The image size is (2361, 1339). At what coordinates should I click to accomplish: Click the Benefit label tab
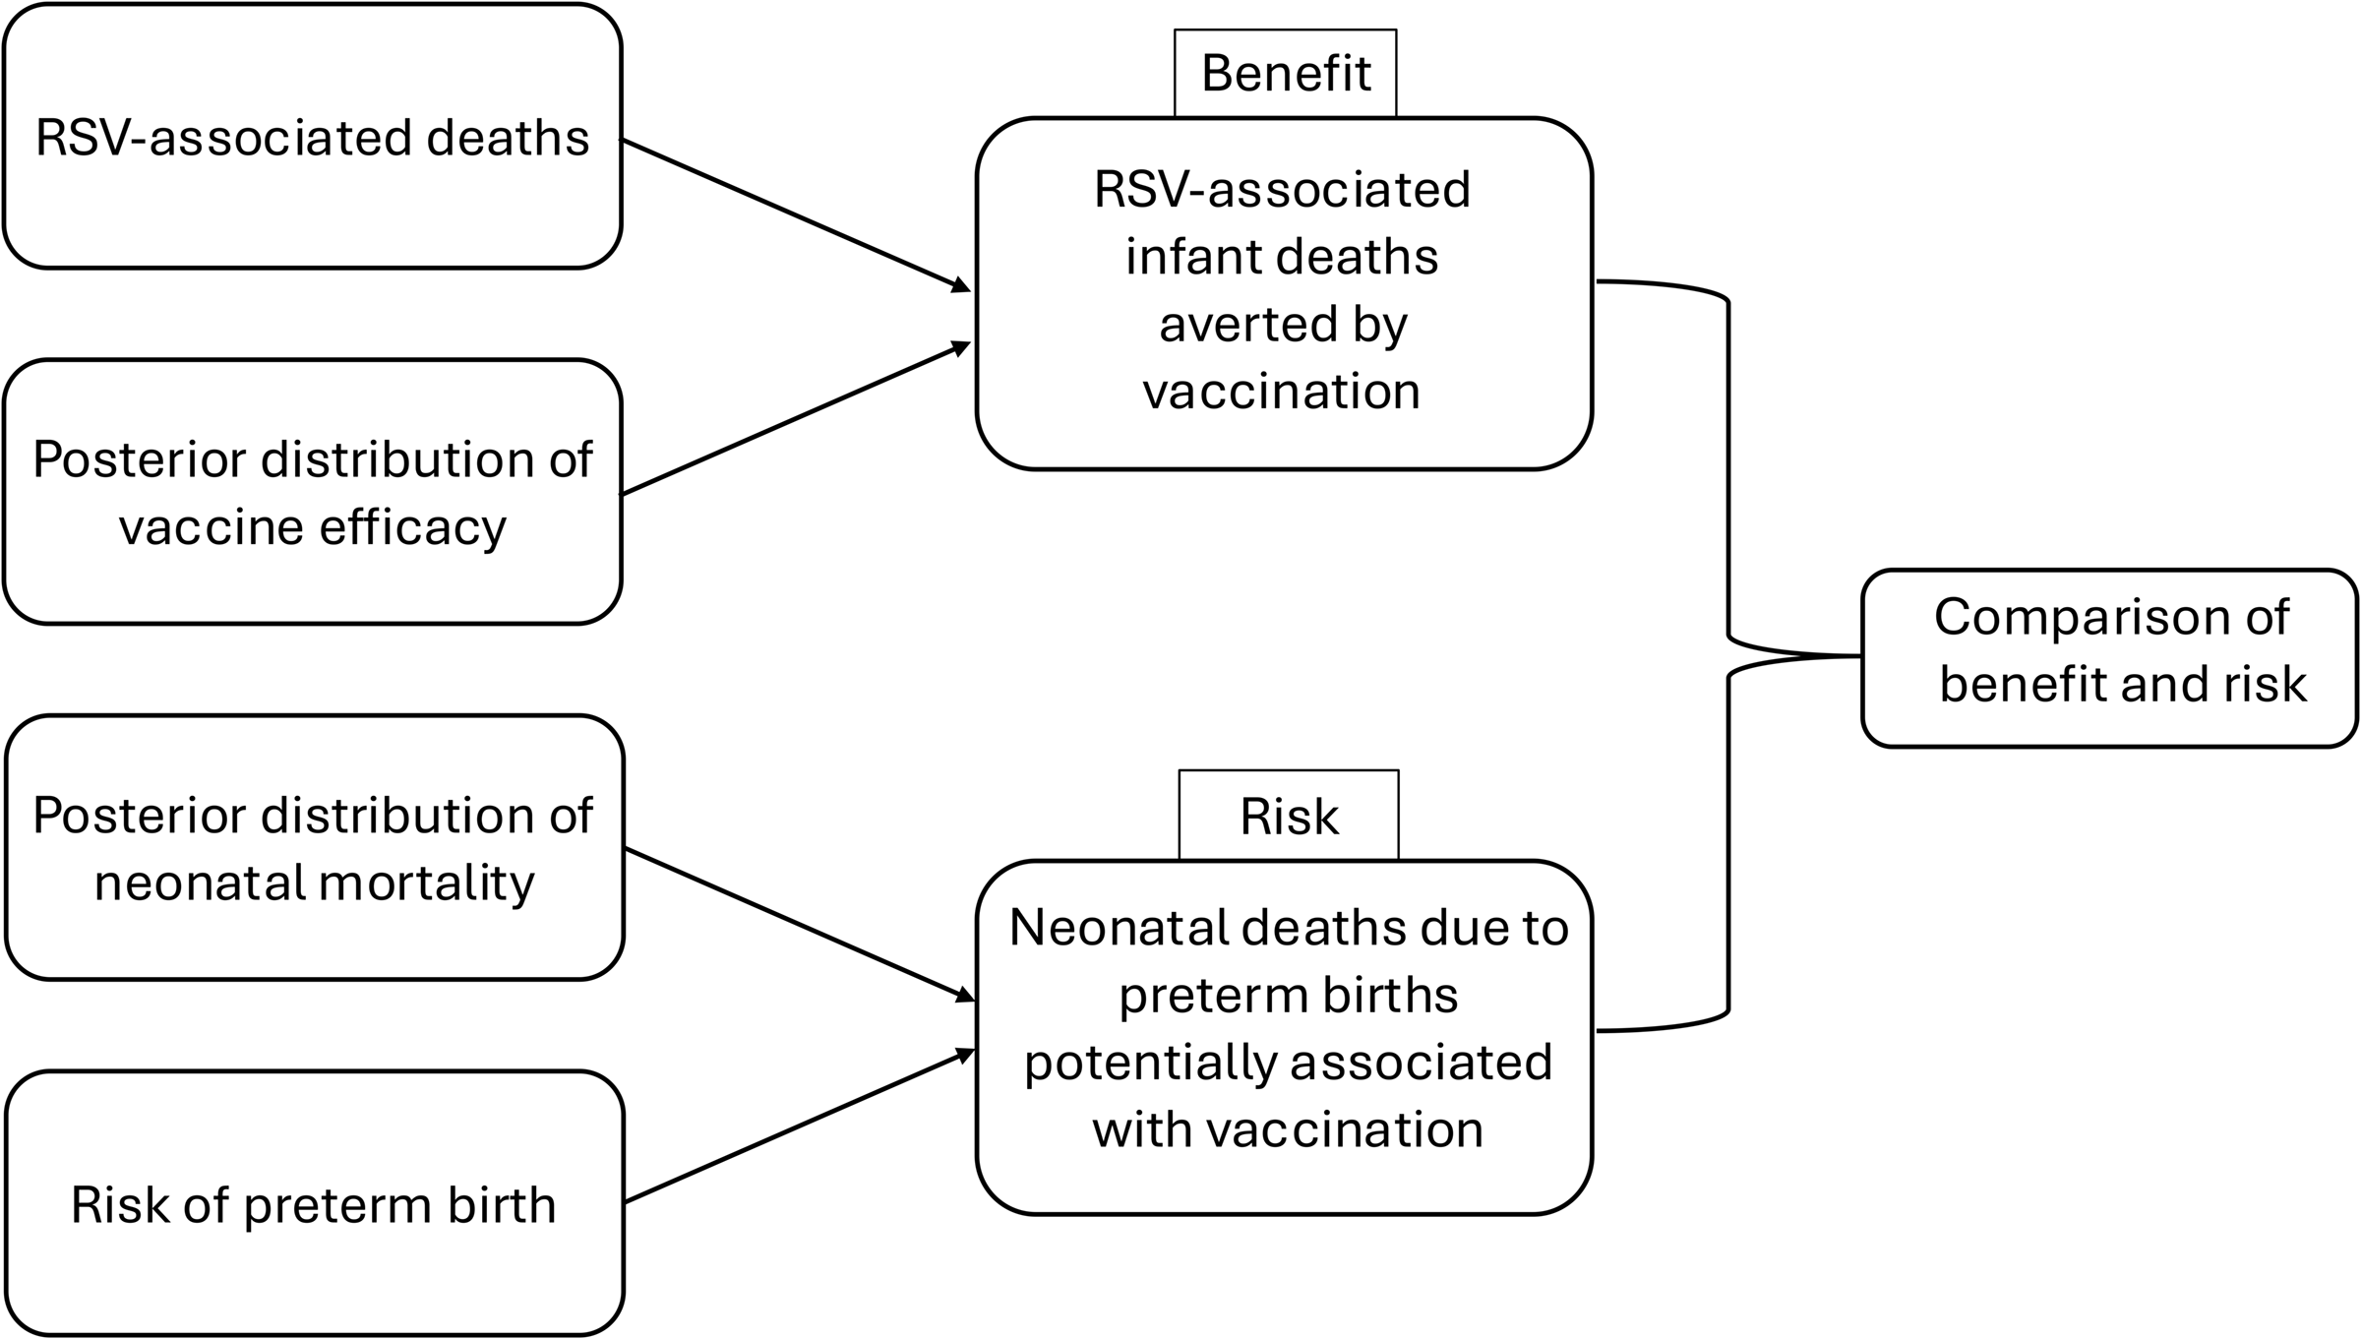[x=1285, y=74]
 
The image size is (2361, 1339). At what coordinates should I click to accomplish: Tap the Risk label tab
[x=1289, y=816]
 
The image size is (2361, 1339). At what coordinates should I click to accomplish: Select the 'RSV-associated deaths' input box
[x=313, y=137]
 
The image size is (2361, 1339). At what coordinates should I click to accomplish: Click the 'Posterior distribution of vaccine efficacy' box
[x=313, y=492]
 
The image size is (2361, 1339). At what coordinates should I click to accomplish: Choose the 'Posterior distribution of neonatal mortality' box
[x=314, y=847]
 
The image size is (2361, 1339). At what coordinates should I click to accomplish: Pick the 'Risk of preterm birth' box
[x=314, y=1203]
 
